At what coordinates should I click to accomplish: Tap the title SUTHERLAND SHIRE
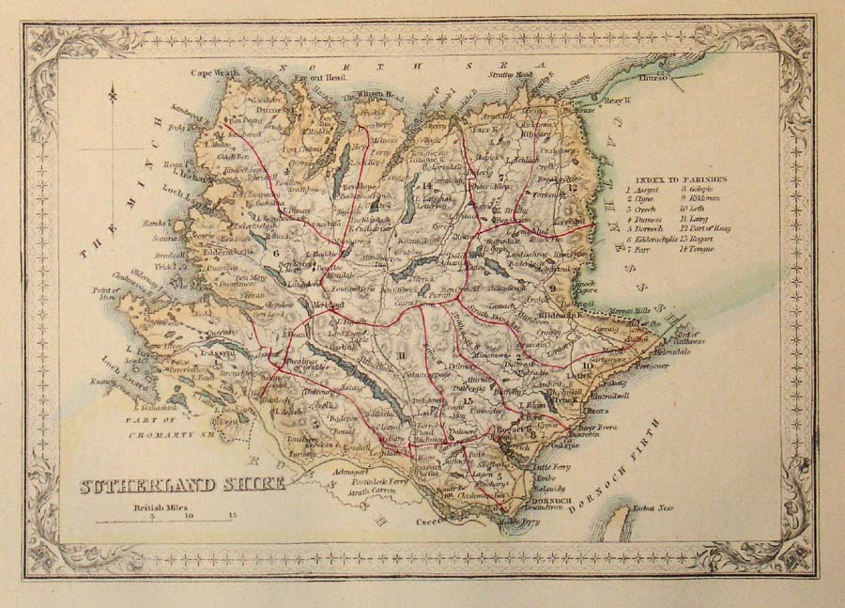181,485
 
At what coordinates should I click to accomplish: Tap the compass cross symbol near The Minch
113,95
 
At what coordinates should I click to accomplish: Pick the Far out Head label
325,78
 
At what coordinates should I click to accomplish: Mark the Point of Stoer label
105,295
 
